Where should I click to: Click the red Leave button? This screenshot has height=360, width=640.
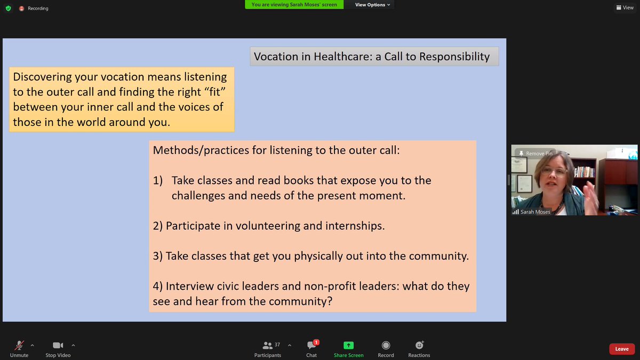click(x=622, y=349)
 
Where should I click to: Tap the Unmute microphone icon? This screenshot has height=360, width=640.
click(x=20, y=345)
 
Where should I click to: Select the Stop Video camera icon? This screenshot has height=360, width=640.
click(x=58, y=345)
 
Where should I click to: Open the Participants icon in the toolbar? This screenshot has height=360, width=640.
click(x=267, y=345)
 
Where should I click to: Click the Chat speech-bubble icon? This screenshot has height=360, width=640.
click(x=311, y=346)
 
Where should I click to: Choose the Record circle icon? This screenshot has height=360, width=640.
click(x=386, y=345)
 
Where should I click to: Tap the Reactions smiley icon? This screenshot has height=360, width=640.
click(x=419, y=345)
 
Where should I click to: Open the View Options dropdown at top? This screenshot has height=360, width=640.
click(x=373, y=5)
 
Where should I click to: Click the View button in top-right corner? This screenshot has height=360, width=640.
click(x=625, y=7)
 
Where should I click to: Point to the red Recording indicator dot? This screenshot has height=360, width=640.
click(x=21, y=9)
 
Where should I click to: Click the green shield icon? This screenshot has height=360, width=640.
click(x=8, y=9)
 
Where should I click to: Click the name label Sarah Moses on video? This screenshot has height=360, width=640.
click(x=535, y=212)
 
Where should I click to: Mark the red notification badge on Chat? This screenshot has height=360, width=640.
click(x=316, y=342)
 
